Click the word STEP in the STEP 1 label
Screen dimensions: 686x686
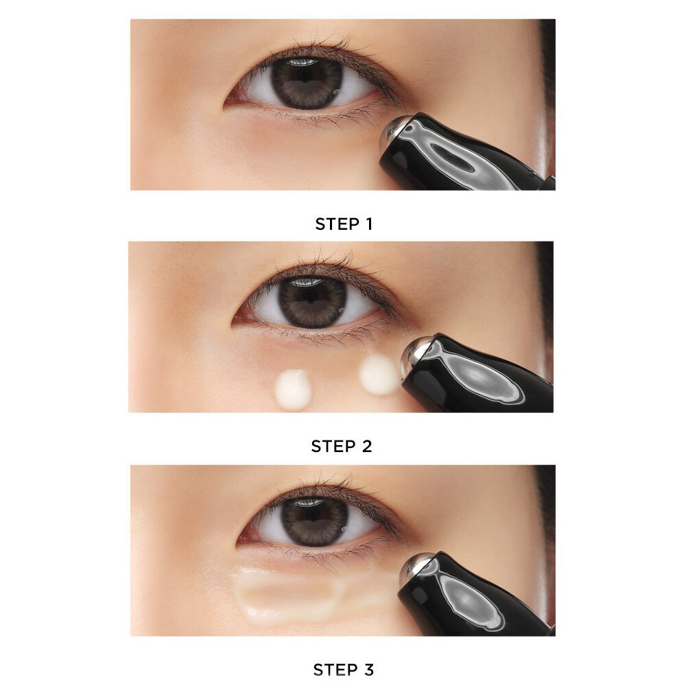[337, 224]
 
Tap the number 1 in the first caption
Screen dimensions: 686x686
[369, 224]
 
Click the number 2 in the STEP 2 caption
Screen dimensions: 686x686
[366, 447]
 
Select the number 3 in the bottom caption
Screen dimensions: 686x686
[368, 670]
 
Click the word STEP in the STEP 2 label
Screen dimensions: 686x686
[333, 447]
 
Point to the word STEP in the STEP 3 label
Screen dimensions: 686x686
[335, 670]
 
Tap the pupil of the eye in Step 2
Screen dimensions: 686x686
[311, 300]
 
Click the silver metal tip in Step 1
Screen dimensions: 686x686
[392, 131]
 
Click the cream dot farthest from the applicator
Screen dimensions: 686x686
[293, 390]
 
